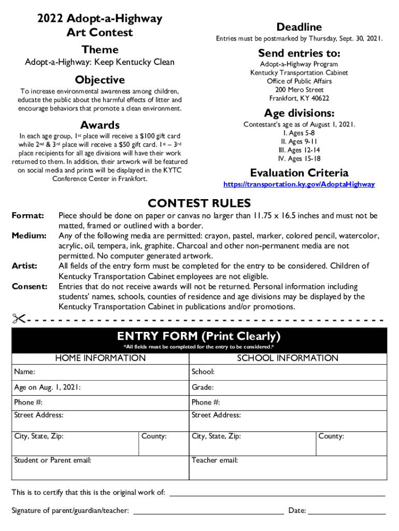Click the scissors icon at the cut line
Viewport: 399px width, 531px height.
(19, 318)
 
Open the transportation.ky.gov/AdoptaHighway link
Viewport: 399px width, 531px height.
(298, 184)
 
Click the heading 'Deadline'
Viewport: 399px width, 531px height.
(299, 27)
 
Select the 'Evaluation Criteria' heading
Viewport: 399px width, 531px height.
(299, 173)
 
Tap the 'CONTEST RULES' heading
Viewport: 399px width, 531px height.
(199, 203)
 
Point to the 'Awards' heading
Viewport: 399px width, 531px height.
(99, 125)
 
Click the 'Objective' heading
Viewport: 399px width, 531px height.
(99, 80)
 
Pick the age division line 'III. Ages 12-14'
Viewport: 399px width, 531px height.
(299, 150)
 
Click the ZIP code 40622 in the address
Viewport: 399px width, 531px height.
(320, 98)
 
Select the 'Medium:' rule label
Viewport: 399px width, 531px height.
(29, 236)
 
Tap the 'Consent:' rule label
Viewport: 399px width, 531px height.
(30, 286)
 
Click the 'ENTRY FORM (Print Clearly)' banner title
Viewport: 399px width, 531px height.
(199, 336)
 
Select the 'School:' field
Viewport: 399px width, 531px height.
(288, 372)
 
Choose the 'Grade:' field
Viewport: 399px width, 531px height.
(288, 387)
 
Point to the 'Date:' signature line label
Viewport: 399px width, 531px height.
(297, 511)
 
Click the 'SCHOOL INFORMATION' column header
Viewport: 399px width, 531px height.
(288, 358)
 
